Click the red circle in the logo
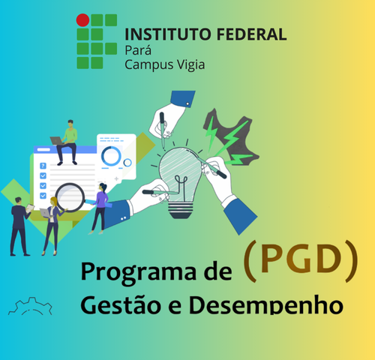(x=82, y=20)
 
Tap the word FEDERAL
(x=251, y=34)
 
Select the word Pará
(x=138, y=50)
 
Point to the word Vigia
(x=191, y=65)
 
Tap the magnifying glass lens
(x=70, y=197)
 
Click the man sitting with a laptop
(x=65, y=142)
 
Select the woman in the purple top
(x=100, y=208)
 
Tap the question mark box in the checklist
(x=43, y=166)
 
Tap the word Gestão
(x=121, y=305)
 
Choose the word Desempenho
(x=265, y=305)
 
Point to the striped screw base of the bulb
(x=181, y=210)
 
